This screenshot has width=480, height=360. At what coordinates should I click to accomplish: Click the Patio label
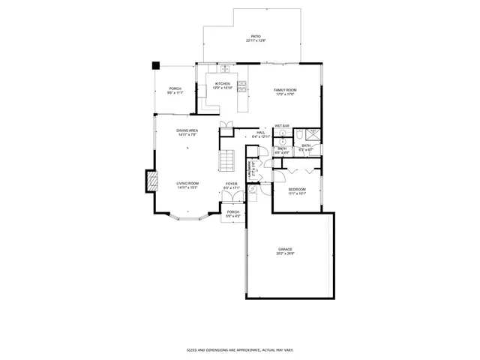click(255, 35)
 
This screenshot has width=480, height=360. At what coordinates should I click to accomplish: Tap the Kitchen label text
click(223, 83)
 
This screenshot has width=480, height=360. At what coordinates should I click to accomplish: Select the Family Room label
click(284, 89)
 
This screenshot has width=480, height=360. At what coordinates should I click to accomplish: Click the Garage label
click(285, 249)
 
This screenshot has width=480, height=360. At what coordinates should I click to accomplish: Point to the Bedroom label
click(297, 189)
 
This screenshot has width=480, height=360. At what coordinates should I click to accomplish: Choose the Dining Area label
click(187, 130)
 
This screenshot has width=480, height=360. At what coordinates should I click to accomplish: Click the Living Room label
click(187, 183)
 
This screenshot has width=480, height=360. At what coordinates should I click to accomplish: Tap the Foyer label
click(232, 183)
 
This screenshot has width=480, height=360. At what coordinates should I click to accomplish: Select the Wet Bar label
click(282, 125)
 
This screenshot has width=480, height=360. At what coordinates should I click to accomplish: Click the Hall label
click(261, 132)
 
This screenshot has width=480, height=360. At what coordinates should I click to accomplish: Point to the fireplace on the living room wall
click(152, 181)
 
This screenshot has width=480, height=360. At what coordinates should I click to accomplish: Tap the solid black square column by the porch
click(156, 66)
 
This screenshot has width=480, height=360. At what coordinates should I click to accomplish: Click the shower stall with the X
click(313, 134)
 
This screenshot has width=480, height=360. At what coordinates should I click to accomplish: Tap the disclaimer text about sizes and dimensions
click(239, 349)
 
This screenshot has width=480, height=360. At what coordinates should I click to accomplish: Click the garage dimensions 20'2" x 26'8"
click(285, 253)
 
